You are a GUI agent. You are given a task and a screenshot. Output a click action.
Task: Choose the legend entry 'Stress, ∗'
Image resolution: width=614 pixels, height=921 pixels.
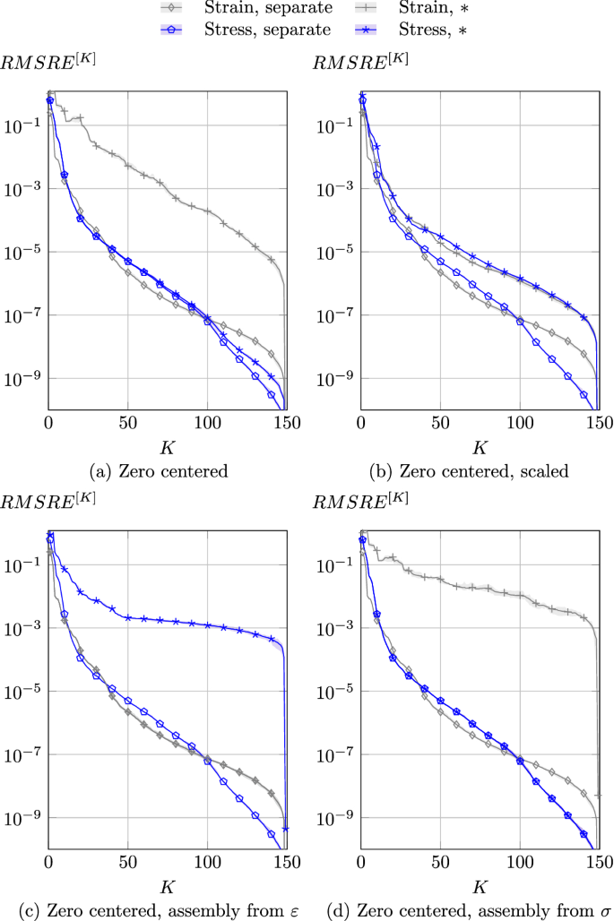pos(440,30)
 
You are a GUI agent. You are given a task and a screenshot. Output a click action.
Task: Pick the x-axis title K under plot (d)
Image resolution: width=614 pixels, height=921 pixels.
pos(480,886)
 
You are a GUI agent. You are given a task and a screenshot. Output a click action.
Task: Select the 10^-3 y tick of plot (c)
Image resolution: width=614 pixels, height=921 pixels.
pos(23,628)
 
